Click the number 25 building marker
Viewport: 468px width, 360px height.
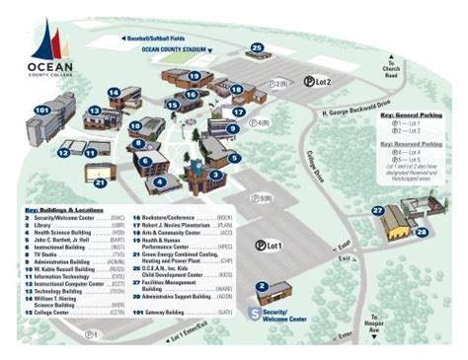[x=257, y=47]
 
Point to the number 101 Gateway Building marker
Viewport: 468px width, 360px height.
[x=41, y=109]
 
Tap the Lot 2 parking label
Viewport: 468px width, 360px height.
[x=317, y=82]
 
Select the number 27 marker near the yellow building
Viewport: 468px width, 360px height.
[x=377, y=210]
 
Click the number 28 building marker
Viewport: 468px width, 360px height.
[x=423, y=233]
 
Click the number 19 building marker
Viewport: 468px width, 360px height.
[x=194, y=76]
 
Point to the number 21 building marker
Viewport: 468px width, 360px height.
[x=100, y=181]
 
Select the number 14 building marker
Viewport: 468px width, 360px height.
[x=113, y=92]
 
